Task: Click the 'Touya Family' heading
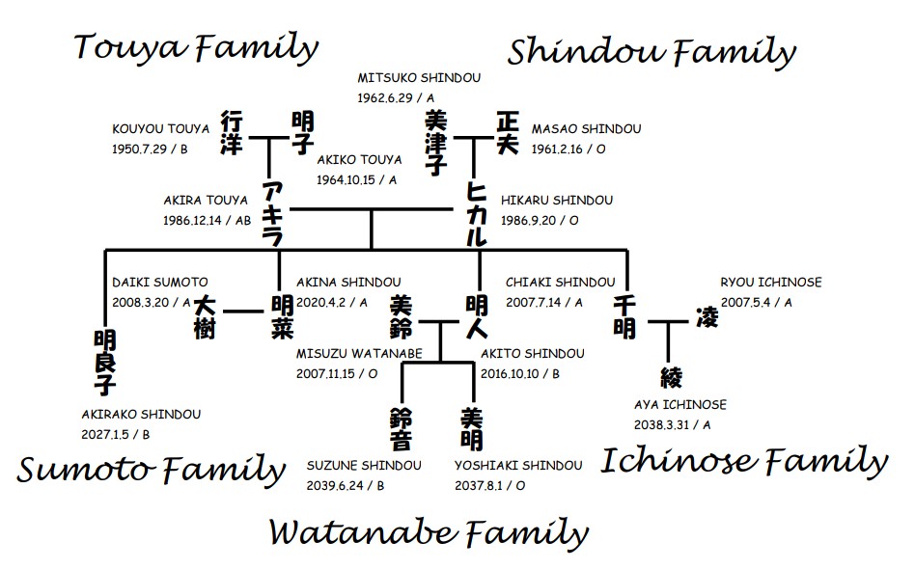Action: (196, 47)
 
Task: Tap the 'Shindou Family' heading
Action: (652, 52)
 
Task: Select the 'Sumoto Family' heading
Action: (152, 471)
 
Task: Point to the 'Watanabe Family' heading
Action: (428, 532)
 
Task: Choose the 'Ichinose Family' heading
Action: (744, 461)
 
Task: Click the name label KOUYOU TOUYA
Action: (160, 128)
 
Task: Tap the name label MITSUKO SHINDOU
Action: (419, 77)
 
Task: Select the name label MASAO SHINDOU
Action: (586, 128)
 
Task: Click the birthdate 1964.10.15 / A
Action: (357, 179)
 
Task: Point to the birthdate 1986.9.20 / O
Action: (540, 220)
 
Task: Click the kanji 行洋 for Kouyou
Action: (231, 133)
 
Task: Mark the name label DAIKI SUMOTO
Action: (159, 282)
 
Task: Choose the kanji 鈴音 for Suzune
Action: (401, 429)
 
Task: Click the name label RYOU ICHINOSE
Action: (771, 282)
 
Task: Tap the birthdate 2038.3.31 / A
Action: (673, 424)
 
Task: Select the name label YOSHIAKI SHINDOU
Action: (518, 466)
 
